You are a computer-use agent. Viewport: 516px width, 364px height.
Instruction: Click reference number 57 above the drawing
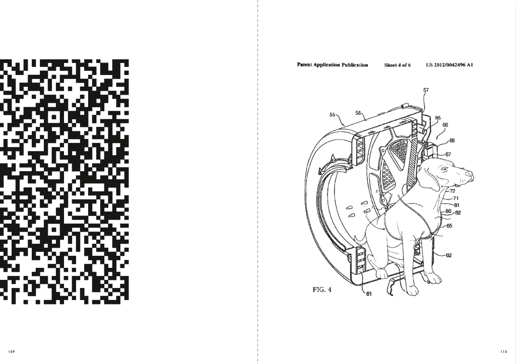(x=426, y=90)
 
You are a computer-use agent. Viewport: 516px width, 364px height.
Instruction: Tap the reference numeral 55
(x=333, y=115)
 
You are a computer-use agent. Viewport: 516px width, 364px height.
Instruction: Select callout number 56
(x=358, y=113)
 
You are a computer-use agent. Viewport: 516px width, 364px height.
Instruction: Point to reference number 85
(x=438, y=118)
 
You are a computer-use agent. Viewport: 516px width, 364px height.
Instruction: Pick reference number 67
(x=448, y=154)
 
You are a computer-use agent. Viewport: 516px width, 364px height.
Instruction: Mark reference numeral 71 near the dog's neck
(x=456, y=198)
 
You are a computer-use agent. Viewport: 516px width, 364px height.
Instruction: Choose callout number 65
(x=449, y=226)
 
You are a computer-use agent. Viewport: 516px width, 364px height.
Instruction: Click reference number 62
(x=448, y=255)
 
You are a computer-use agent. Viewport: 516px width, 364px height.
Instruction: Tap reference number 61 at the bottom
(x=369, y=294)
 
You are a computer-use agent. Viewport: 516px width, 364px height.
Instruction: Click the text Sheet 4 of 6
(x=397, y=65)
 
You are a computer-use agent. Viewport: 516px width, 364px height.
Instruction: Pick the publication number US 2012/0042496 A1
(x=448, y=65)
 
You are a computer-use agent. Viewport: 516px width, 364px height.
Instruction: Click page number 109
(x=11, y=351)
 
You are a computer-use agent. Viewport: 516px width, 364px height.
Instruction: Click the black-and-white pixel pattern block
(x=64, y=182)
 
